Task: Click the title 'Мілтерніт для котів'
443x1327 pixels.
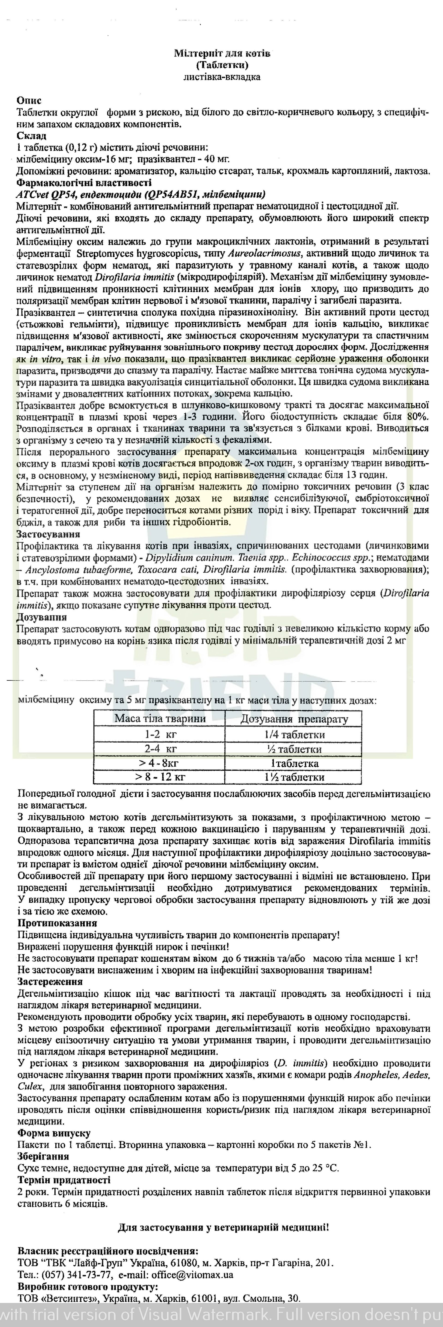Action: tap(222, 54)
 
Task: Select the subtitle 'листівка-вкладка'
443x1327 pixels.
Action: tap(222, 77)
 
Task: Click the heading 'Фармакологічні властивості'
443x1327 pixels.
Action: tap(83, 183)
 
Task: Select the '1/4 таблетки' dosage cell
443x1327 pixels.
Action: tap(294, 735)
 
